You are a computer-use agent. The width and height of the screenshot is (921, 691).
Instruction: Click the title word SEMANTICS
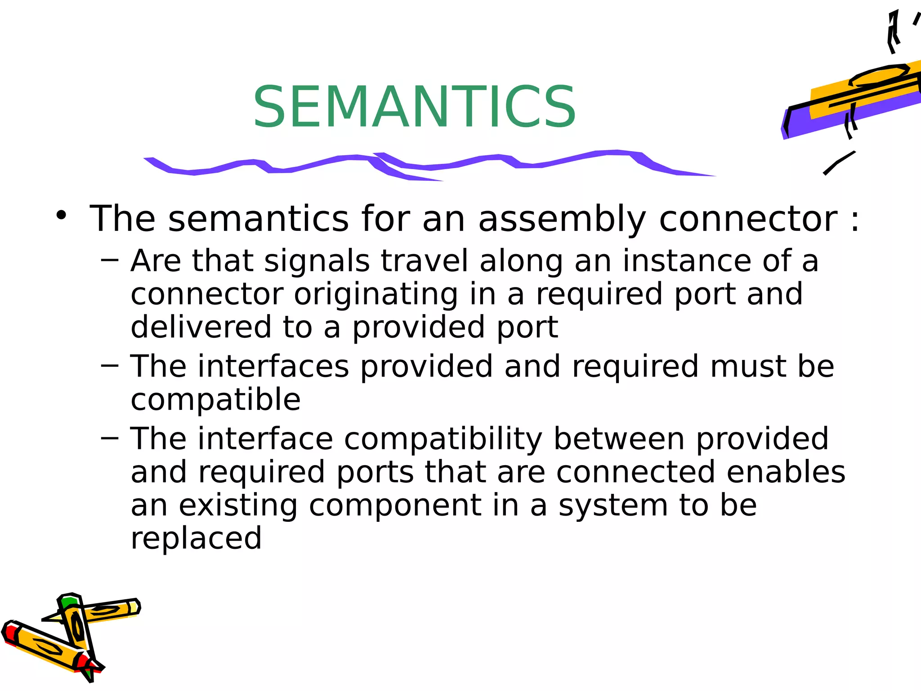tap(414, 107)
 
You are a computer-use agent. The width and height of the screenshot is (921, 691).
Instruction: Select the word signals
tap(317, 261)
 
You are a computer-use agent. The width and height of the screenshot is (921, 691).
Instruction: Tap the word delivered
tap(201, 327)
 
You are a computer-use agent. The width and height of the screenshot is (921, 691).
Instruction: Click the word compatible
tap(215, 400)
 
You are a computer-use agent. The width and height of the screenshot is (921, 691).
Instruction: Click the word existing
tap(238, 506)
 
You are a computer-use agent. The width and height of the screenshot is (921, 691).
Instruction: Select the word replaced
tap(196, 538)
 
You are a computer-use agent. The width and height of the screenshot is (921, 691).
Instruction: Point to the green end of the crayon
tap(69, 601)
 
